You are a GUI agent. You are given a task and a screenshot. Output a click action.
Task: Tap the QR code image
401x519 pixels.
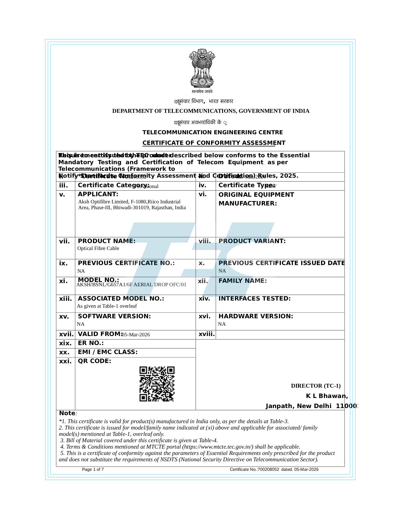coord(157,384)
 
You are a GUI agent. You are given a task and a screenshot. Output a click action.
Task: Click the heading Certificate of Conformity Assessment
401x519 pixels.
coord(214,143)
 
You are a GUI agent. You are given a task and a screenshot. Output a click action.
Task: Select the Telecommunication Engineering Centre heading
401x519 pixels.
coord(212,132)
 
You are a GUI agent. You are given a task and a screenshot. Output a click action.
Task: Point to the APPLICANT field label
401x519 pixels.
coord(98,194)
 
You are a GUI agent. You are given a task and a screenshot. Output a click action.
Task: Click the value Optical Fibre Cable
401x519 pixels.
coord(98,248)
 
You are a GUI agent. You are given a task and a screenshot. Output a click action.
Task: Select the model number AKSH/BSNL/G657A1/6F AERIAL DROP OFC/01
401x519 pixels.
coord(131,285)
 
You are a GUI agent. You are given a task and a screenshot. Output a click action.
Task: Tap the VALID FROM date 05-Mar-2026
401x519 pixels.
coord(136,335)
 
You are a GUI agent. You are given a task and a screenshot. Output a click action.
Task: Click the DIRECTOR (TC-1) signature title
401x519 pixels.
coord(315,386)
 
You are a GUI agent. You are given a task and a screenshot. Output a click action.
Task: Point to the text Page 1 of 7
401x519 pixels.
coord(93,469)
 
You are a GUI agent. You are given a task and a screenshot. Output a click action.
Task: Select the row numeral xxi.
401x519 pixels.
coord(65,361)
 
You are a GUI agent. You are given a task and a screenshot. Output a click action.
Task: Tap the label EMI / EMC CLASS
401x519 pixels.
coord(108,352)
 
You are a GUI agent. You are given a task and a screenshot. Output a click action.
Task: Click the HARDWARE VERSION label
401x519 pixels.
coord(256,316)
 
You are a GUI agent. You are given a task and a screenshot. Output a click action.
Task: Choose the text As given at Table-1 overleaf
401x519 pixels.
coord(107,306)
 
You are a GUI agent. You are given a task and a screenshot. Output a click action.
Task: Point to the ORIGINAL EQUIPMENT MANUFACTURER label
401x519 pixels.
coord(256,199)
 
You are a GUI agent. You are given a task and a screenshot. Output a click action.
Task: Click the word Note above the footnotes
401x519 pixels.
coord(67,413)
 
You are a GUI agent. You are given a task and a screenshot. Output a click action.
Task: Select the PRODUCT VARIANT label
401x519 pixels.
coord(252,241)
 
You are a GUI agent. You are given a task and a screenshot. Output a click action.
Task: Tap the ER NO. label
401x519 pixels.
coord(91,343)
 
